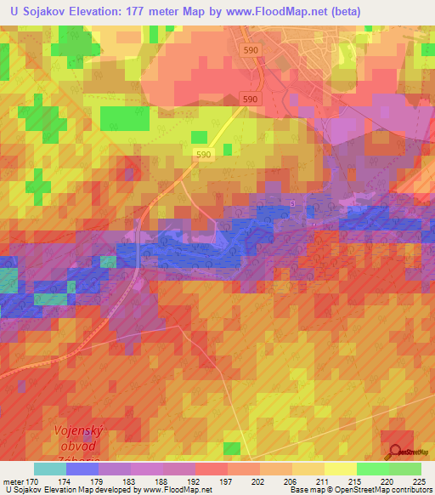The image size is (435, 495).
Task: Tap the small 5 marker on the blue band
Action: pyautogui.click(x=293, y=203)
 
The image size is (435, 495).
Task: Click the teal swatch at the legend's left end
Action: pyautogui.click(x=49, y=469)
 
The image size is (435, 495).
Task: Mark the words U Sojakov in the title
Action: pyautogui.click(x=35, y=12)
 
